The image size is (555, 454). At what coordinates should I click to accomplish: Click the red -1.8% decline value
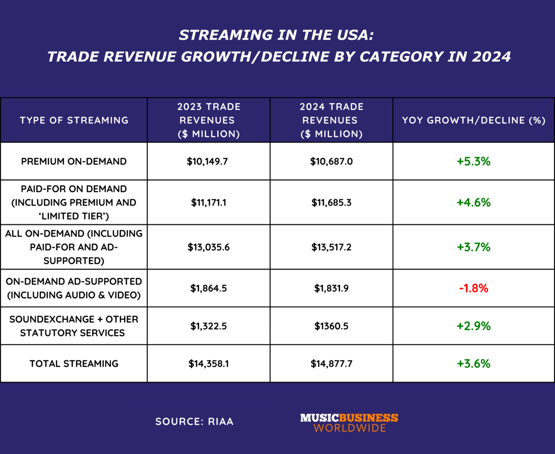473,288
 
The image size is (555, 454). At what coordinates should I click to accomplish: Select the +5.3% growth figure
473,161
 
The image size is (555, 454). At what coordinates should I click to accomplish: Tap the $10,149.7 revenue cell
207,161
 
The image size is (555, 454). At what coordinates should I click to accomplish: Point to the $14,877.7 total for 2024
331,364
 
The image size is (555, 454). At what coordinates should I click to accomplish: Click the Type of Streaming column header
74,120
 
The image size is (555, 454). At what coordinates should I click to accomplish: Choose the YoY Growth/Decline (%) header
474,120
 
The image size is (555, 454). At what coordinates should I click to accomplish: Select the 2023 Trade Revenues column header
209,120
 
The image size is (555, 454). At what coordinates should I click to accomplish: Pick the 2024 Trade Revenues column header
331,120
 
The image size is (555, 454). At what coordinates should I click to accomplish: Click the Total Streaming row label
74,364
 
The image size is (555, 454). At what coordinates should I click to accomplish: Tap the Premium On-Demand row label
74,161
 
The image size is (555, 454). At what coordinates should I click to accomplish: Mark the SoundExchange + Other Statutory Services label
74,326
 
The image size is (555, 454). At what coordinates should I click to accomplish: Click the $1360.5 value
331,326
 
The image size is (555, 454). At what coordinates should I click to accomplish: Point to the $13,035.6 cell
209,247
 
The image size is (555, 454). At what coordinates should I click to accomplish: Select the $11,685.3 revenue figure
331,203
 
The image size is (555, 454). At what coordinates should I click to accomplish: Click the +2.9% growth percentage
473,326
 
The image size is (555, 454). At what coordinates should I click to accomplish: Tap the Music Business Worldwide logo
349,422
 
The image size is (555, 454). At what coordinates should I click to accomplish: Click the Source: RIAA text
194,422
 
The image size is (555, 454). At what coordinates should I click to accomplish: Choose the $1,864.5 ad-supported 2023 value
209,288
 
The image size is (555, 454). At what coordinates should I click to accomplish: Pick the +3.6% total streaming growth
473,364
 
